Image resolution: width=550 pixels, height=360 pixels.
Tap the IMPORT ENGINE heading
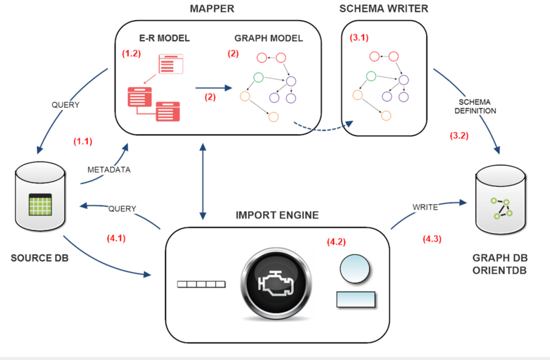pos(278,215)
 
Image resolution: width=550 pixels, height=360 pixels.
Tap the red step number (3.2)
pos(459,136)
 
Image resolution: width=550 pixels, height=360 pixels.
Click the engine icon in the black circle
pos(276,284)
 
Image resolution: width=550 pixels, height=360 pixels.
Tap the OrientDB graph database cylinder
pos(503,203)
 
